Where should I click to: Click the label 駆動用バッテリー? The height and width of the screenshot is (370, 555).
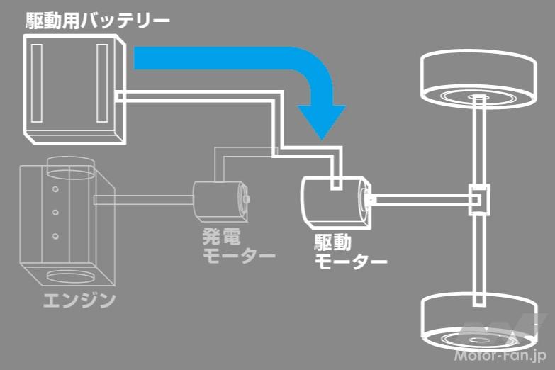(98, 21)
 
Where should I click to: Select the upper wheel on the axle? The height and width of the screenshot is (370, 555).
(478, 79)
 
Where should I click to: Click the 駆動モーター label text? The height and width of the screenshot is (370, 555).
(350, 252)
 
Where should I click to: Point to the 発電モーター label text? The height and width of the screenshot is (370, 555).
(239, 246)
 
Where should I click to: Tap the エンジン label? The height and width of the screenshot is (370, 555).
(79, 301)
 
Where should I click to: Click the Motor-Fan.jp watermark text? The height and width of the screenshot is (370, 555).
(500, 355)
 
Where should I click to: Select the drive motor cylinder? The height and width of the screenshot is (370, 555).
(335, 203)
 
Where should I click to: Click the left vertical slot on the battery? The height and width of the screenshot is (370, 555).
(36, 83)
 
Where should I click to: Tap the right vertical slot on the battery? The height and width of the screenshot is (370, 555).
(102, 83)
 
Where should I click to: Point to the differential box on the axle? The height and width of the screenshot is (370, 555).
(479, 200)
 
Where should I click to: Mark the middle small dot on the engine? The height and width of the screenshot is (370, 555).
(55, 213)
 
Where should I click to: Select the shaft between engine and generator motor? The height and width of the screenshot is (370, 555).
(143, 200)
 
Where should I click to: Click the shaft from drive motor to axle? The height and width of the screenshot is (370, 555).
(421, 200)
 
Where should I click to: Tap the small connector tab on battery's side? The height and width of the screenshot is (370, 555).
(120, 96)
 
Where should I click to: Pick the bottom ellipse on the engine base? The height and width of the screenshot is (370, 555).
(71, 276)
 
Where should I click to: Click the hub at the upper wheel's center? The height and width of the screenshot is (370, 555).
(478, 97)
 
